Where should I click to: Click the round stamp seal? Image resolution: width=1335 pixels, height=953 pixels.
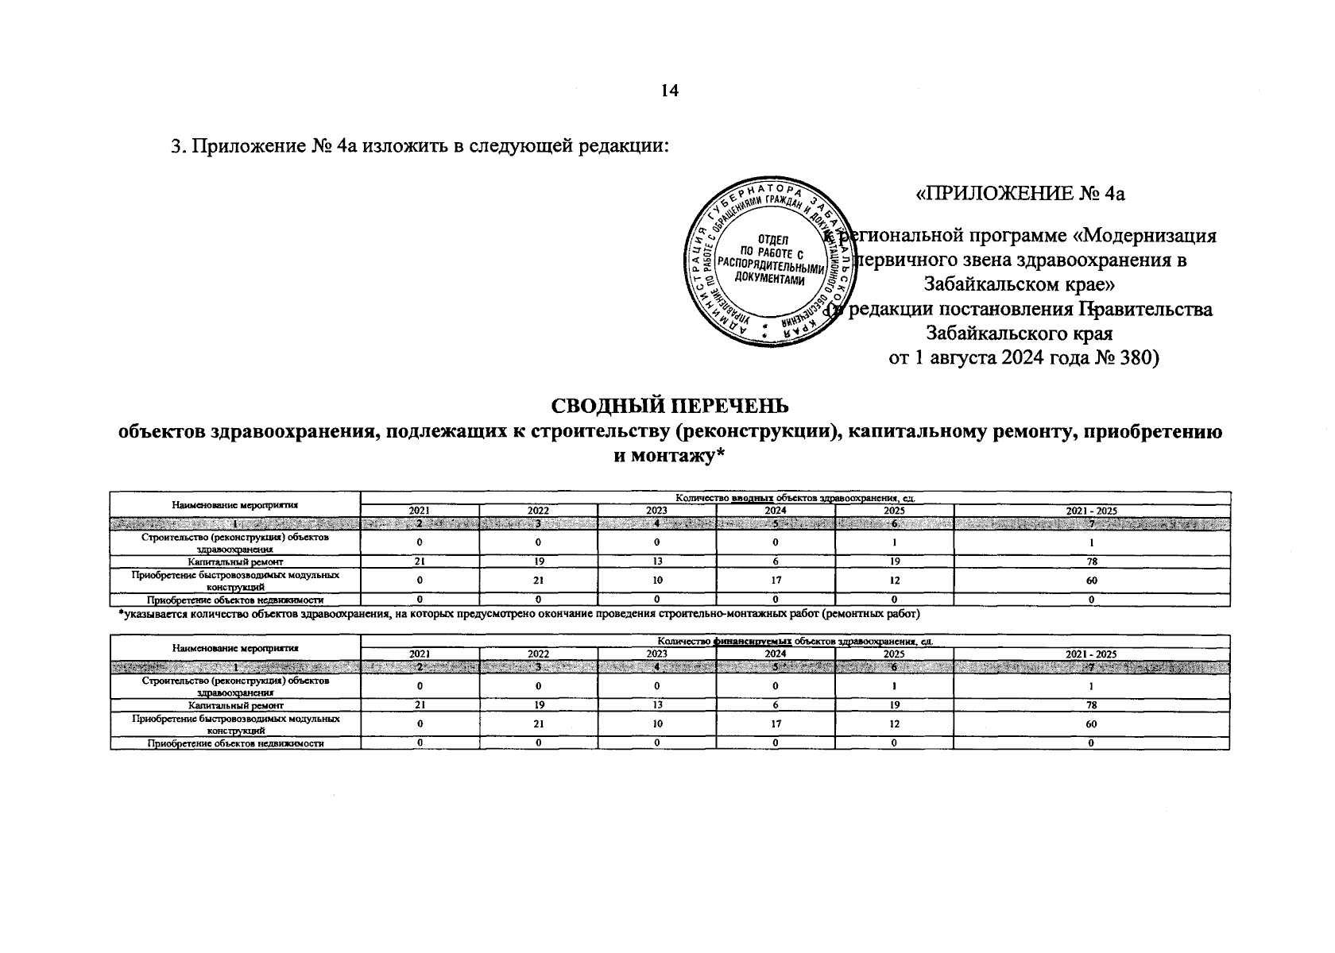tap(768, 262)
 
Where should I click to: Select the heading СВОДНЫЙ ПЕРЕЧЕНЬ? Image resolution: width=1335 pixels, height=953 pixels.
tap(670, 406)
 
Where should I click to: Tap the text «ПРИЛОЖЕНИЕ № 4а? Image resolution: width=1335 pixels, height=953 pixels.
tap(1021, 194)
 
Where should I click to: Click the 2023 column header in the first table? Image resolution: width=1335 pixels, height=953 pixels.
tap(656, 511)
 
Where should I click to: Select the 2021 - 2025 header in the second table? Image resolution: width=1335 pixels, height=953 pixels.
tap(1091, 654)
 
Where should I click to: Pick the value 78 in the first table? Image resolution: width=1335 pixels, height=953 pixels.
tap(1091, 561)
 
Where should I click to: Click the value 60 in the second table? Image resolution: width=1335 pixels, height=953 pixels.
tap(1091, 723)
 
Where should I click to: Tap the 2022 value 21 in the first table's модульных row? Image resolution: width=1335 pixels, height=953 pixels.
tap(538, 581)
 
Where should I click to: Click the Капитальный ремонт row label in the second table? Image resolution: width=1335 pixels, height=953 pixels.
tap(235, 704)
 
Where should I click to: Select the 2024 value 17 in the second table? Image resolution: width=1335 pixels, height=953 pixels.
tap(776, 723)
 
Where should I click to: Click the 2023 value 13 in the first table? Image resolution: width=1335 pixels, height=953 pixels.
tap(656, 561)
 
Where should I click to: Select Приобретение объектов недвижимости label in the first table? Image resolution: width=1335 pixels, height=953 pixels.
tap(235, 600)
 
